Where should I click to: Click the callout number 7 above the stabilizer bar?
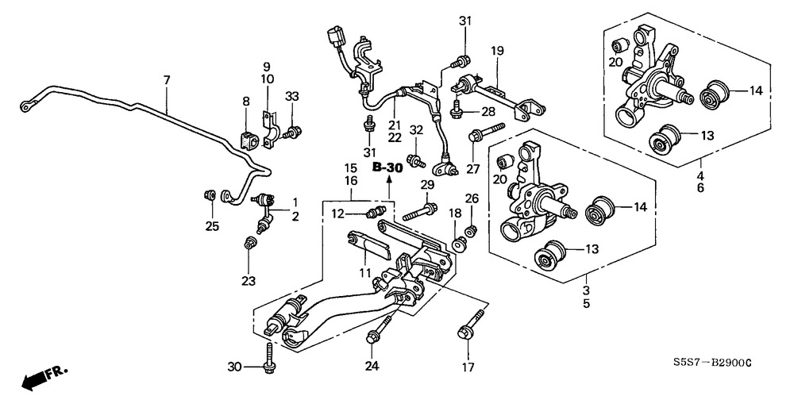click(x=167, y=80)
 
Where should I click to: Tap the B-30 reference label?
click(x=388, y=168)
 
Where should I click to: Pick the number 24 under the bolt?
click(x=372, y=366)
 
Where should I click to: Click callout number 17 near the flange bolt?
click(x=468, y=367)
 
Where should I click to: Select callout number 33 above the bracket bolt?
click(x=292, y=97)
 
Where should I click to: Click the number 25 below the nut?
click(x=210, y=227)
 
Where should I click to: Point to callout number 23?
click(x=249, y=281)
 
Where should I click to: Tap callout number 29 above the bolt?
click(x=427, y=185)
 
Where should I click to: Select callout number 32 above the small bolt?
click(x=416, y=130)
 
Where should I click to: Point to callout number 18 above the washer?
click(x=455, y=213)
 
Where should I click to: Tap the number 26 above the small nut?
click(x=472, y=198)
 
